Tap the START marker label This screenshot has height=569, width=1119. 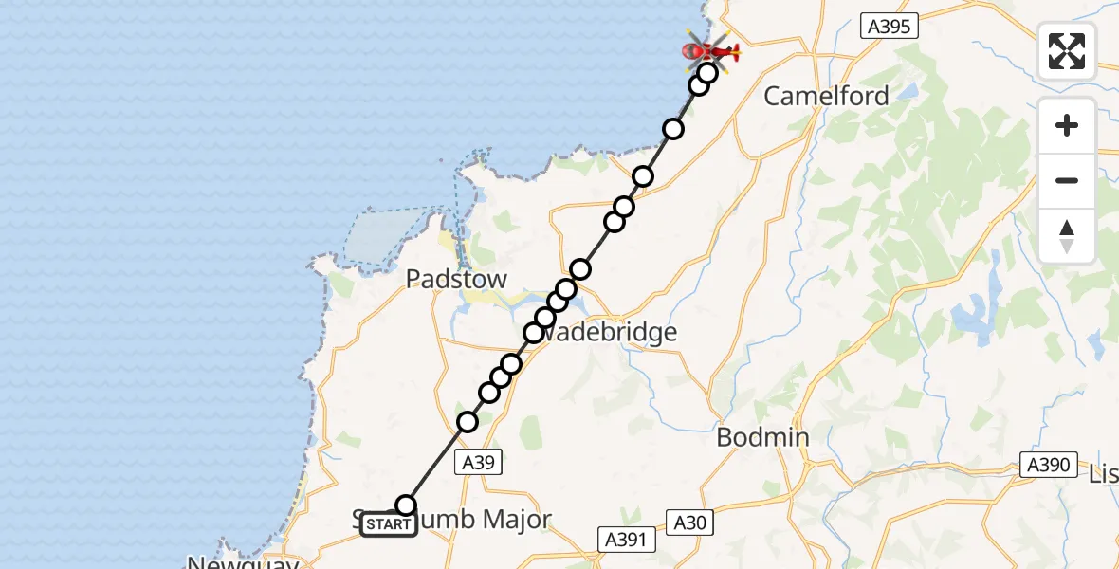[x=388, y=524]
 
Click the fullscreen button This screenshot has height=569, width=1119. [x=1067, y=51]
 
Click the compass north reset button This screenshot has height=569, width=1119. [x=1067, y=235]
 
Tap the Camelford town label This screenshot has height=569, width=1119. [x=826, y=96]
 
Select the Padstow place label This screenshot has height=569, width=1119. [x=456, y=279]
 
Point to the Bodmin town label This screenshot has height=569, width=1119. [x=762, y=437]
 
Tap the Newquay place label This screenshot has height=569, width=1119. [x=243, y=562]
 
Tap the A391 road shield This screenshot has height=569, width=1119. [x=628, y=540]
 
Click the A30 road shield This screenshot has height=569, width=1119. [x=689, y=523]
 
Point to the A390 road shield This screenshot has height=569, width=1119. [x=1047, y=465]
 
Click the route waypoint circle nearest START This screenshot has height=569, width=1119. [x=406, y=505]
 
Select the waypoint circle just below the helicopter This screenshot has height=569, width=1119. [x=707, y=73]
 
